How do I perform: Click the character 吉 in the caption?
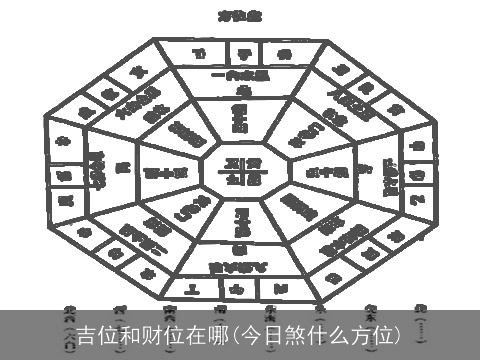click(x=88, y=332)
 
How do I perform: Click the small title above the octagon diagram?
click(x=239, y=16)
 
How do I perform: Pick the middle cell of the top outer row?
click(x=239, y=52)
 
